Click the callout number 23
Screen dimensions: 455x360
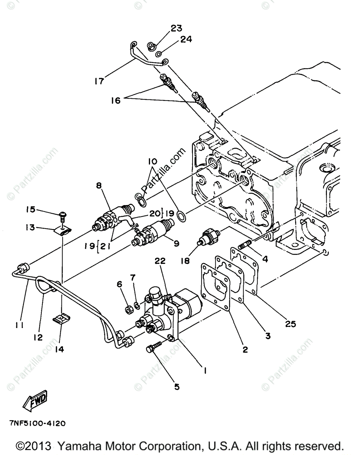tap(176, 28)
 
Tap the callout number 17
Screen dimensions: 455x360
tap(99, 82)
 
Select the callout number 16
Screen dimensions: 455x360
tap(116, 100)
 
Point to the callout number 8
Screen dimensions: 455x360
tap(99, 186)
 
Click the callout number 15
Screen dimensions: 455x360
tap(31, 209)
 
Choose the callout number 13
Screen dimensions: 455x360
tap(31, 227)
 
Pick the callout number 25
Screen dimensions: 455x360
tap(291, 324)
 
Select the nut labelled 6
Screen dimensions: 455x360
tap(128, 306)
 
